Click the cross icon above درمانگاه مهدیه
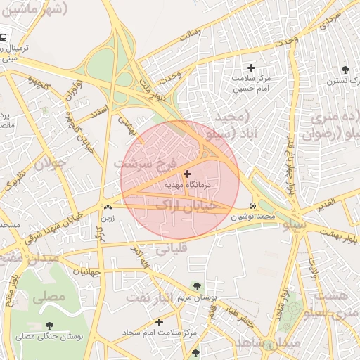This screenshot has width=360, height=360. pos(187,173)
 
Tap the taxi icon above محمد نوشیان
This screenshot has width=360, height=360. pos(253,205)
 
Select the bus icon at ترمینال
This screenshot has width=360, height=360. pos(5,37)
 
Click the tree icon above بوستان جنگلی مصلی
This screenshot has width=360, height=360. pos(49,325)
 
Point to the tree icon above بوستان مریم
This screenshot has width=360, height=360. pos(196,286)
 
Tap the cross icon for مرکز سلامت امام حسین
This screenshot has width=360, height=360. pos(251,67)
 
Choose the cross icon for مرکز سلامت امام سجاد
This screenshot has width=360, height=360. pos(160,322)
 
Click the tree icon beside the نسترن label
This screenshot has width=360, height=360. pos(345,70)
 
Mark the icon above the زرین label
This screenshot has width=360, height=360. pos(108,207)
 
